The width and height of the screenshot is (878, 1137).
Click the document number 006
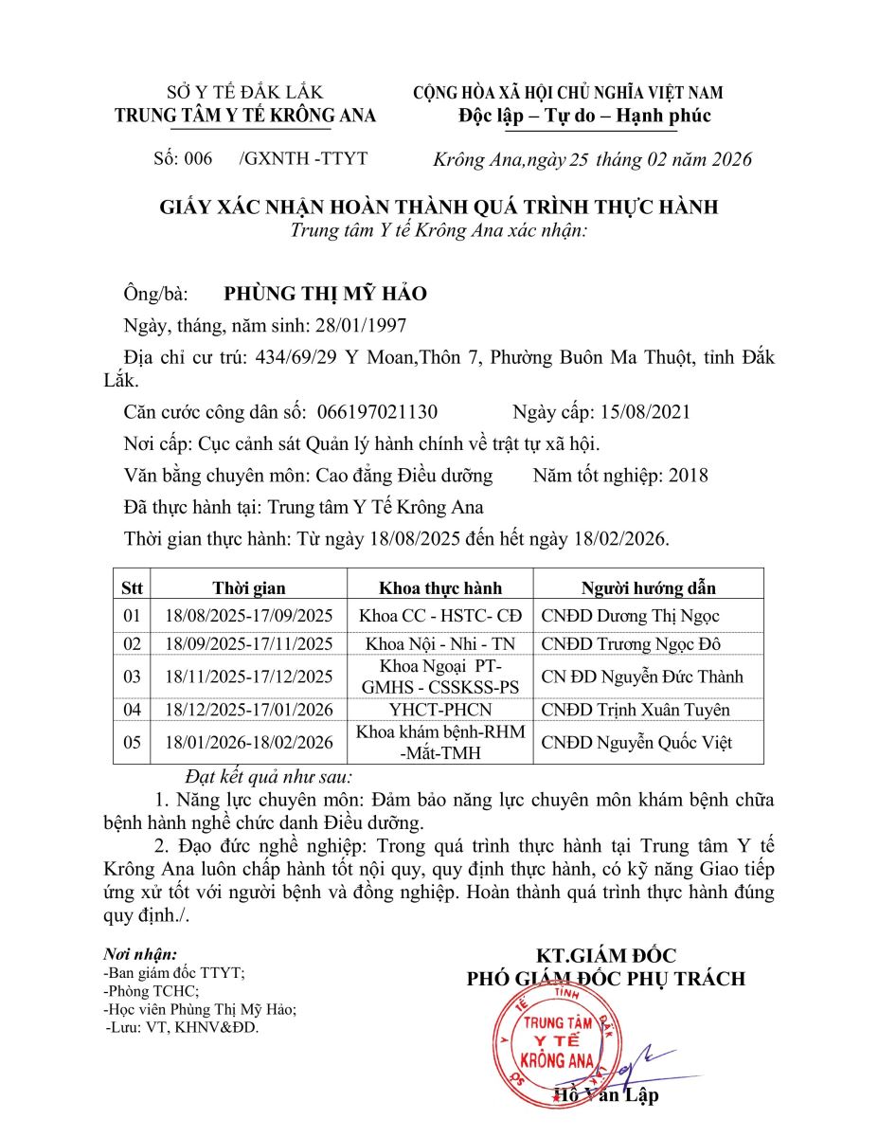tap(198, 159)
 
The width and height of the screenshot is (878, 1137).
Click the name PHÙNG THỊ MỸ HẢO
tap(325, 294)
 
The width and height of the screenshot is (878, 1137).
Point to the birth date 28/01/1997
tap(363, 325)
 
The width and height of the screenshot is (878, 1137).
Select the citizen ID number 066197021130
tap(378, 412)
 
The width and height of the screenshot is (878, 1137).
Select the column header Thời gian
tap(248, 588)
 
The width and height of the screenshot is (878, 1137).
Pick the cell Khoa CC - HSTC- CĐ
tap(440, 616)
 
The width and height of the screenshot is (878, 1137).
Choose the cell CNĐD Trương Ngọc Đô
tap(631, 644)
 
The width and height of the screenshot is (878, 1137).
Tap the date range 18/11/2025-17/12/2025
tap(248, 677)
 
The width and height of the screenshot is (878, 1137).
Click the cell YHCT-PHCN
tap(440, 710)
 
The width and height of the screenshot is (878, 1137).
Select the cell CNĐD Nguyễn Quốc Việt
tap(636, 743)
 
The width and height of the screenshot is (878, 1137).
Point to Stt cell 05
tap(133, 743)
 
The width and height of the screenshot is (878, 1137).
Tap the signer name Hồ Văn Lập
tap(606, 1096)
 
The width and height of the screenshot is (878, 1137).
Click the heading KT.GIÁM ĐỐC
tap(606, 955)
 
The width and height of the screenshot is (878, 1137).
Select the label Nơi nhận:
tap(139, 954)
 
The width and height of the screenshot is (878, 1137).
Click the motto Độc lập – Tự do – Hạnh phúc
tap(583, 117)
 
